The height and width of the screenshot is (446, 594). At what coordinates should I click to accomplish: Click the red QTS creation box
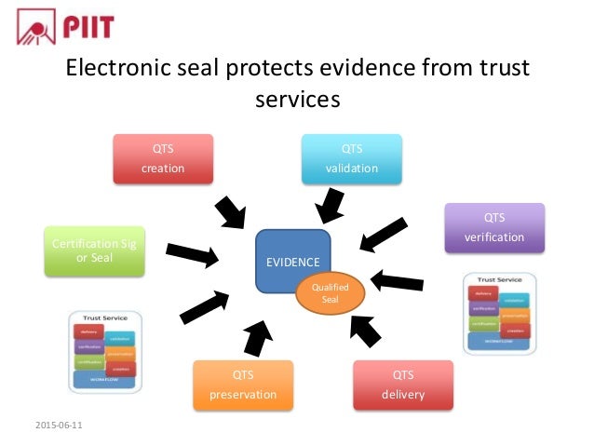pos(163,159)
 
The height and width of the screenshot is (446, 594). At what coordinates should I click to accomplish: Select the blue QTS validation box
pos(351,159)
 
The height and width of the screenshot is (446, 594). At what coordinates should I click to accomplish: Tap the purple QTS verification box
pos(494,227)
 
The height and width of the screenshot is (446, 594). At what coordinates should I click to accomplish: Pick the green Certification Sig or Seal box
pos(94,249)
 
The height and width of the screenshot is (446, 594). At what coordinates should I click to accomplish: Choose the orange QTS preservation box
pos(242,385)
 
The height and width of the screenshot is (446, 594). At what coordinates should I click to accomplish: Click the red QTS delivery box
pos(402,385)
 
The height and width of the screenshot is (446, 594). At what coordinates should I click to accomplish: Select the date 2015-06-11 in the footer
pos(58,426)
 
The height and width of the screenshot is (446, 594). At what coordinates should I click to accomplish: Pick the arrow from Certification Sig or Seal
pos(194,253)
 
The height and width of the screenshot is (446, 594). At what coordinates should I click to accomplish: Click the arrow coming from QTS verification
pos(383,235)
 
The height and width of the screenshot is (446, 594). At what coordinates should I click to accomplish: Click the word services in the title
pos(296,98)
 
